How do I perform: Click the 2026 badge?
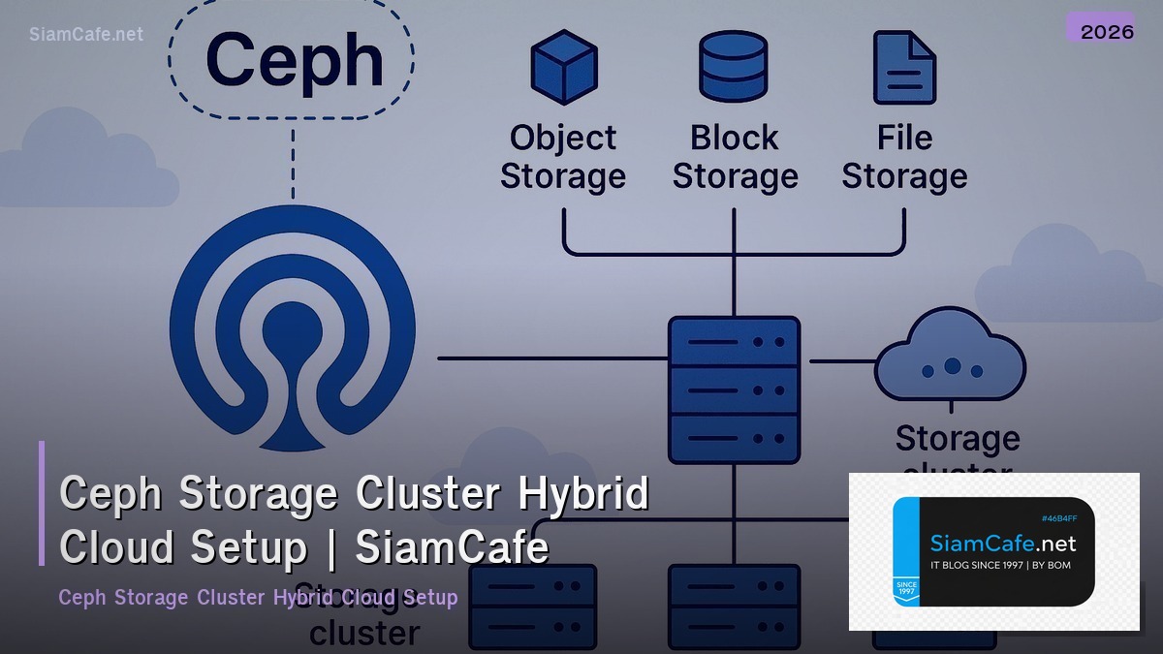click(x=1106, y=30)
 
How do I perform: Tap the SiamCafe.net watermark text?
click(x=85, y=34)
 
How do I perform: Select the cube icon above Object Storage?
click(x=562, y=66)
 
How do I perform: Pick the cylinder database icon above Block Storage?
click(x=734, y=66)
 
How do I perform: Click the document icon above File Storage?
click(x=903, y=66)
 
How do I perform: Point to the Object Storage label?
click(x=562, y=157)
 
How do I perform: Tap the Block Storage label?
click(x=735, y=157)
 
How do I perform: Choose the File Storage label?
click(x=903, y=157)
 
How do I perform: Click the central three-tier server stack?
click(x=734, y=389)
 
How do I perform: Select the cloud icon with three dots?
click(x=950, y=358)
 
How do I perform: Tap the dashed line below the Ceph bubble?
click(x=292, y=165)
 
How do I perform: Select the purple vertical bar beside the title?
click(x=42, y=503)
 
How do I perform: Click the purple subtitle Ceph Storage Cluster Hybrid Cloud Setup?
click(x=257, y=597)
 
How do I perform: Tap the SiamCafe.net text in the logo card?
click(x=1002, y=544)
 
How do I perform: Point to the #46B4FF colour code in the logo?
click(x=1058, y=518)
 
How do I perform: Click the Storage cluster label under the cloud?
click(x=957, y=441)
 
